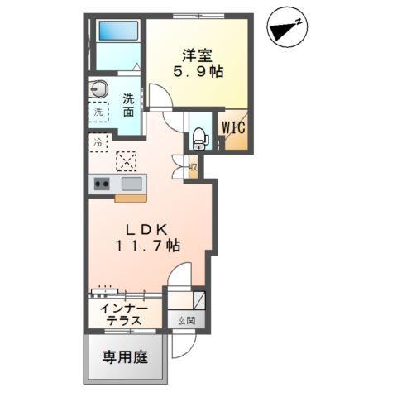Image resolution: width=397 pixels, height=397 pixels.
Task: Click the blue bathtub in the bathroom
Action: [117, 31]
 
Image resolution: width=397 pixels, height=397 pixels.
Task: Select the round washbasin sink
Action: [100, 88]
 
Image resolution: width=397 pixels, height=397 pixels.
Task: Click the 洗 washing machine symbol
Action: [98, 112]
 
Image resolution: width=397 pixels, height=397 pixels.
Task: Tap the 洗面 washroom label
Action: [128, 106]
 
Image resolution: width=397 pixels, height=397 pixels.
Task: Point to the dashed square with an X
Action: [127, 159]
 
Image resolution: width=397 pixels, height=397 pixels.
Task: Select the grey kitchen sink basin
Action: [132, 184]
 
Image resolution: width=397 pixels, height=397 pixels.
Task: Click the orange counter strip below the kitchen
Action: [130, 198]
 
